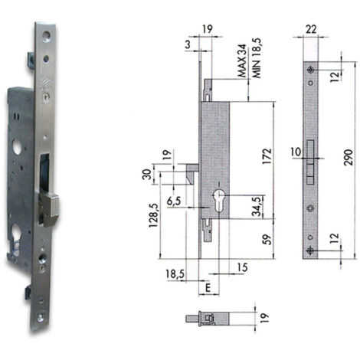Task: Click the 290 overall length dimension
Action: click(349, 158)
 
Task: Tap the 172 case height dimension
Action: click(267, 156)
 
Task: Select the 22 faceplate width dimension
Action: click(311, 29)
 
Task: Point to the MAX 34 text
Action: click(242, 61)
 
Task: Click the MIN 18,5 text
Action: click(257, 58)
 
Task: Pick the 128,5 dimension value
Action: click(154, 216)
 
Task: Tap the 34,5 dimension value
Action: click(257, 207)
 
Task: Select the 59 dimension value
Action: click(267, 240)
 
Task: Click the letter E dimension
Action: click(208, 288)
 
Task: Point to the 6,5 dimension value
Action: click(174, 201)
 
